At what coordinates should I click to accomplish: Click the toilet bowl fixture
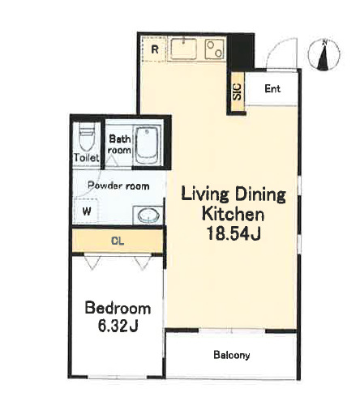pyautogui.click(x=87, y=136)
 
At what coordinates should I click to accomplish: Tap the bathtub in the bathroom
pyautogui.click(x=147, y=145)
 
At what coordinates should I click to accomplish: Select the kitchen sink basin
pyautogui.click(x=184, y=49)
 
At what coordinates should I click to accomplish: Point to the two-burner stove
pyautogui.click(x=214, y=49)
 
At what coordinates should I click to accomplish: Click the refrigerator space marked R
pyautogui.click(x=153, y=49)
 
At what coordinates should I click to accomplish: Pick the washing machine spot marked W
pyautogui.click(x=86, y=211)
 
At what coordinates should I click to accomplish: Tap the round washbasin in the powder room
pyautogui.click(x=148, y=216)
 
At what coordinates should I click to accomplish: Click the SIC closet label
pyautogui.click(x=237, y=92)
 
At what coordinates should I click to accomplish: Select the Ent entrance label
pyautogui.click(x=272, y=88)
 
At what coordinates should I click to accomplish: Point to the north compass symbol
pyautogui.click(x=324, y=55)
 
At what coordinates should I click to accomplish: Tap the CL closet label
pyautogui.click(x=118, y=241)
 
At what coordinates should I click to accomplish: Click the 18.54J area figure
pyautogui.click(x=234, y=233)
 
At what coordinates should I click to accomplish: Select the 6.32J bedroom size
pyautogui.click(x=118, y=327)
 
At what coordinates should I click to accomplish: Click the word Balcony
pyautogui.click(x=232, y=355)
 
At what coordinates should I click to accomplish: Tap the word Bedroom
pyautogui.click(x=118, y=308)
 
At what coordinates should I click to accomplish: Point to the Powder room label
pyautogui.click(x=118, y=186)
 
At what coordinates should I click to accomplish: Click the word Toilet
pyautogui.click(x=87, y=157)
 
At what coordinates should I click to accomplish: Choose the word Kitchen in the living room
pyautogui.click(x=233, y=214)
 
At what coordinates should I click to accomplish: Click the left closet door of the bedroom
pyautogui.click(x=92, y=262)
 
